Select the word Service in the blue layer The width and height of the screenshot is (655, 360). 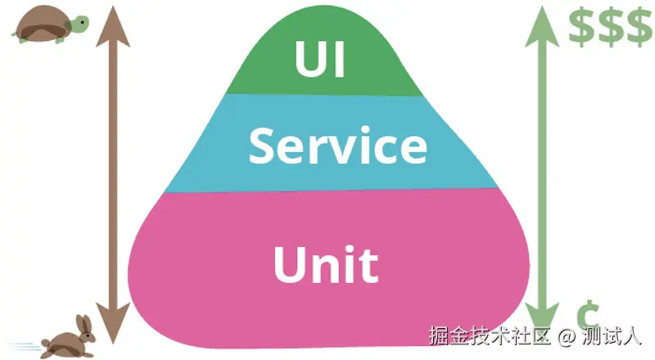[x=337, y=146]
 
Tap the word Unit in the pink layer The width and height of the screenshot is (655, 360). [x=326, y=263]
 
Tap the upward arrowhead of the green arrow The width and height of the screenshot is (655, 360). [x=541, y=23]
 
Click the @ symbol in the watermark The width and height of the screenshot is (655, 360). [x=567, y=336]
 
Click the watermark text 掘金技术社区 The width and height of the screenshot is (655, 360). [x=491, y=336]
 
